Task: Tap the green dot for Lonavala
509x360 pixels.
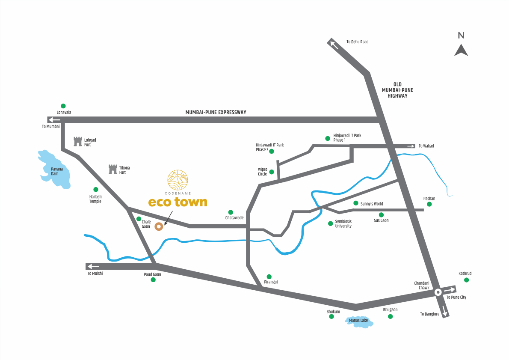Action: pos(63,106)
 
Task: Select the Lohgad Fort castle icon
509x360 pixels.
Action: pos(77,141)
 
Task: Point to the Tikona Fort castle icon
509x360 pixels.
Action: pos(112,169)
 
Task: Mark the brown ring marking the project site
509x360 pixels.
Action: pos(159,226)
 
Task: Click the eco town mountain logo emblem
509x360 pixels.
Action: pos(178,180)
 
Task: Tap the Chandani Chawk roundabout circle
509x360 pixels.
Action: pos(438,292)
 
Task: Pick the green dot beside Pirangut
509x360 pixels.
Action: pos(269,277)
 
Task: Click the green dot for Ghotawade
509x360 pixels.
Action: pos(231,212)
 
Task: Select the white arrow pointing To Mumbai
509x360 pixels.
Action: pos(54,119)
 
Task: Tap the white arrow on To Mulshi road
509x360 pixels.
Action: pos(93,266)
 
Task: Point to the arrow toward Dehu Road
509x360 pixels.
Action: pos(334,44)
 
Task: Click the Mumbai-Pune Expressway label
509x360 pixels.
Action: pos(216,112)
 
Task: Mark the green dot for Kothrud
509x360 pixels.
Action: pos(467,280)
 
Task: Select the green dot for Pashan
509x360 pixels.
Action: pos(429,204)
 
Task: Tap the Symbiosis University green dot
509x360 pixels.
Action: pos(330,223)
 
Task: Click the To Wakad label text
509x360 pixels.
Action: pos(426,146)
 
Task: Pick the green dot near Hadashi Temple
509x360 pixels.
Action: pos(95,189)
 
